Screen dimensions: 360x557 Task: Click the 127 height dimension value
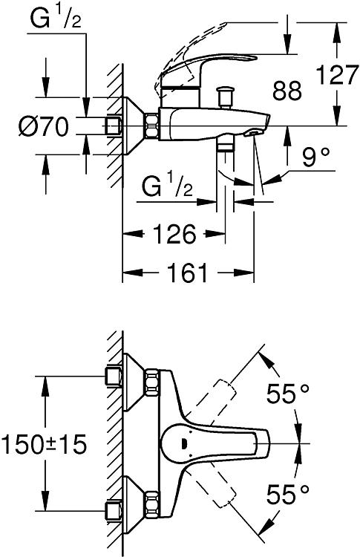click(337, 74)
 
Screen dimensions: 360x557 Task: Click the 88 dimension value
click(287, 90)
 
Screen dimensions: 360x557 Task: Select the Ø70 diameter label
click(43, 126)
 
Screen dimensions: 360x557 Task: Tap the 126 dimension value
click(174, 234)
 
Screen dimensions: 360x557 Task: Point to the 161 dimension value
click(187, 273)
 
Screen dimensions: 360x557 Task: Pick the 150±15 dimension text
click(44, 444)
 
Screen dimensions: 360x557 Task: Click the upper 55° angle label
click(288, 393)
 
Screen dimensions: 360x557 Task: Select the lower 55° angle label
click(288, 494)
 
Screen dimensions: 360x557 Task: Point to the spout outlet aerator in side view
click(252, 133)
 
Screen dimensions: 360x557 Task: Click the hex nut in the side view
click(151, 126)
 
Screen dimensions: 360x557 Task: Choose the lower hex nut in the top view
click(151, 504)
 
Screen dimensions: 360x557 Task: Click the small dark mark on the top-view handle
click(184, 443)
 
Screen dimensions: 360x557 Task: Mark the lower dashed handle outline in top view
click(210, 489)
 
